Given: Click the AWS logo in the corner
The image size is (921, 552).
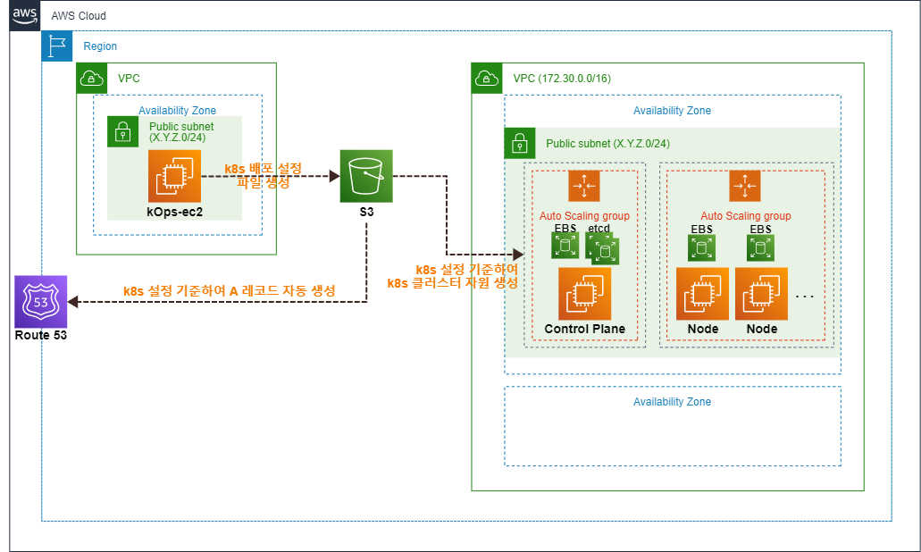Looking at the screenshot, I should pos(25,16).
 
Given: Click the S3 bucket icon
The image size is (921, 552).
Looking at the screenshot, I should pos(365,177).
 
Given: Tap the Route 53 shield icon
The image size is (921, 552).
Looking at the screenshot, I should pos(40,302).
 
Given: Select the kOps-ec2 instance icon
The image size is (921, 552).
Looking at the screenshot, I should pos(174,177).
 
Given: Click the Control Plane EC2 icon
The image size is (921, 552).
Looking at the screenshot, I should pos(584,294).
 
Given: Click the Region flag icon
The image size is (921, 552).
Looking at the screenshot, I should pos(57,46).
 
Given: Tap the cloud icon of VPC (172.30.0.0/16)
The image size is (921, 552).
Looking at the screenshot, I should pos(487,79).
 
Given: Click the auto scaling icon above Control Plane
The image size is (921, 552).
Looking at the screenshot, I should pos(583,186).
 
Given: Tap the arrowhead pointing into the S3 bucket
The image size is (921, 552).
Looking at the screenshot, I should pos(331,177).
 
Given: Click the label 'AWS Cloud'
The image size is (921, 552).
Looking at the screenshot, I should pos(79,16).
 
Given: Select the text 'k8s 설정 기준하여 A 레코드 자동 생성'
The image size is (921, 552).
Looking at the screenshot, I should pos(229,291).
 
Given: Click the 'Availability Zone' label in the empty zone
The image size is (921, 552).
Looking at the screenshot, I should pos(672,402).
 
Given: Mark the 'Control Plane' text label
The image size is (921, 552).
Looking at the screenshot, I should pos(584,329).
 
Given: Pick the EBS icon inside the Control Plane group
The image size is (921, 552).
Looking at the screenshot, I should pos(565,247).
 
